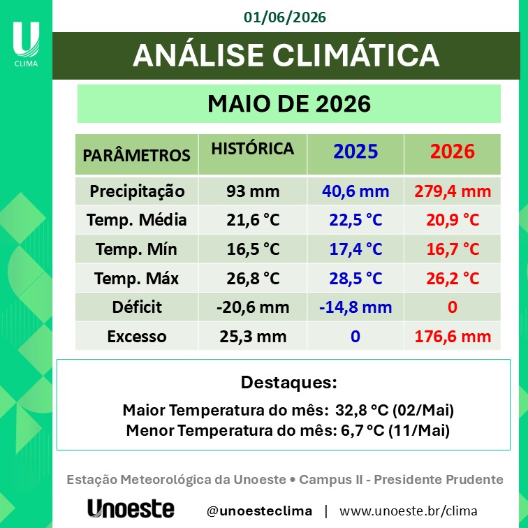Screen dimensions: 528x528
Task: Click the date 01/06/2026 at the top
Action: tap(284, 17)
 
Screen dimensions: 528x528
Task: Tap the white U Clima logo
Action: tap(26, 44)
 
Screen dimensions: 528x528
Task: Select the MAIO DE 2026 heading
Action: tap(289, 103)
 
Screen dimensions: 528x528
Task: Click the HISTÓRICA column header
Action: tap(253, 149)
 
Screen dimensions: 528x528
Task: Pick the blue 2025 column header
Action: tap(355, 151)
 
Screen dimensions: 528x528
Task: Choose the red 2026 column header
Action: tap(453, 151)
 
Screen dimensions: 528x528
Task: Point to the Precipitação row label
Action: tap(137, 191)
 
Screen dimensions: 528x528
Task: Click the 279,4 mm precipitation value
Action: tap(453, 191)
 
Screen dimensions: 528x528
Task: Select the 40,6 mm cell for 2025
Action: tap(355, 191)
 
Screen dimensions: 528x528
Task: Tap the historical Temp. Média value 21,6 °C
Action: tap(253, 220)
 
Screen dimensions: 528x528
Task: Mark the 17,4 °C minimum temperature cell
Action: tap(355, 249)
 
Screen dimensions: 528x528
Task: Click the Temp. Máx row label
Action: tap(136, 279)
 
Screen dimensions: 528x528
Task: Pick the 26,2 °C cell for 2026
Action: tap(453, 279)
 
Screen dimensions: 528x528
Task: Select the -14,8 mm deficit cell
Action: tap(355, 307)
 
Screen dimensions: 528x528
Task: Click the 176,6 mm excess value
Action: tap(453, 337)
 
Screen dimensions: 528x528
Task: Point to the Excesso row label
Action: tap(137, 337)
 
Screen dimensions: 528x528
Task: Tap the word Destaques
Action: tap(288, 383)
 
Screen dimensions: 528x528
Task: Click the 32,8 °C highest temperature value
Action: tap(362, 410)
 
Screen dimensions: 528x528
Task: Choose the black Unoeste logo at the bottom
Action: tap(131, 508)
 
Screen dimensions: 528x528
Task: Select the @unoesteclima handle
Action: tap(259, 511)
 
